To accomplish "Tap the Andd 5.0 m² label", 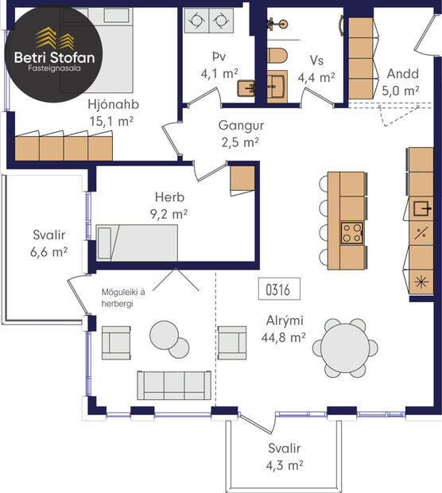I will tap(402, 82).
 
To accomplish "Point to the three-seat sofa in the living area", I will tap(173, 385).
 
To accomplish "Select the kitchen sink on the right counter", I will tap(421, 208).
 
